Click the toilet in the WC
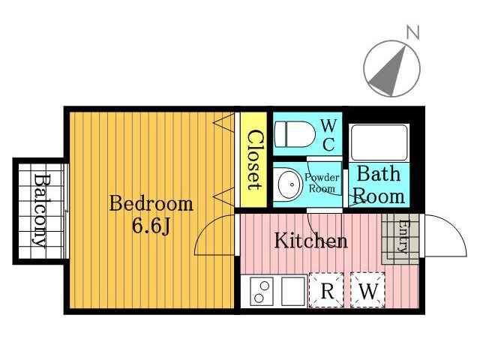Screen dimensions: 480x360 pos(295,134)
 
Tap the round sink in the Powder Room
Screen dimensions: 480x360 pos(290,184)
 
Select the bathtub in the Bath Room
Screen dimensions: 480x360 pos(379,142)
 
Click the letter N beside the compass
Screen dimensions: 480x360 pos(412,32)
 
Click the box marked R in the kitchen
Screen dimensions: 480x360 pos(326,290)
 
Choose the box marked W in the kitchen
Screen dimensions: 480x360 pos(368,290)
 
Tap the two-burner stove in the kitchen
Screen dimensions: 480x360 pos(262,291)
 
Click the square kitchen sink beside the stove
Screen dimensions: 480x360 pos(293,291)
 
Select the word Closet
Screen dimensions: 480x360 pos(254,160)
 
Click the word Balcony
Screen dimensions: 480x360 pos(40,211)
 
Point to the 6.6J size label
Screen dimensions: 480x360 pos(151,226)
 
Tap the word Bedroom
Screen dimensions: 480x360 pos(151,203)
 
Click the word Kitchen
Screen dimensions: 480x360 pos(310,240)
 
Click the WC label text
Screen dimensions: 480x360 pos(328,135)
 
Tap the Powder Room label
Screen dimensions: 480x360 pos(322,183)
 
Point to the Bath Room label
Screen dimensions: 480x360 pos(379,185)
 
